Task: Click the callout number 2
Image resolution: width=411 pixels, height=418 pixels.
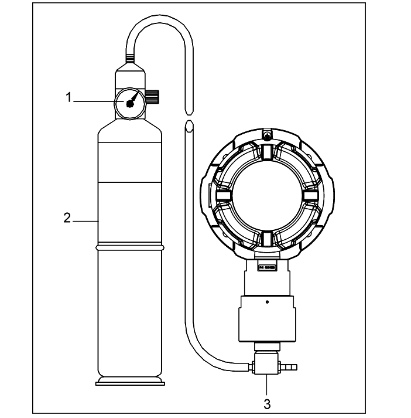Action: pyautogui.click(x=67, y=218)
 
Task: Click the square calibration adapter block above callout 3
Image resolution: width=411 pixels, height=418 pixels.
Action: pyautogui.click(x=266, y=364)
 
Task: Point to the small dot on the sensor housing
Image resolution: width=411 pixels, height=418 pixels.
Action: pyautogui.click(x=267, y=303)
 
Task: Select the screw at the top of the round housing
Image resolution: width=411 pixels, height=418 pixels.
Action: pyautogui.click(x=266, y=136)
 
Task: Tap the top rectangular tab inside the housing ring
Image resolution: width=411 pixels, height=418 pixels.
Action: pyautogui.click(x=266, y=153)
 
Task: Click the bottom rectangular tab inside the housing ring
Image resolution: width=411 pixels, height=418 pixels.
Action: pyautogui.click(x=266, y=237)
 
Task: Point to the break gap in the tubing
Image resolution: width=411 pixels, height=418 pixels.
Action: pyautogui.click(x=188, y=117)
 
